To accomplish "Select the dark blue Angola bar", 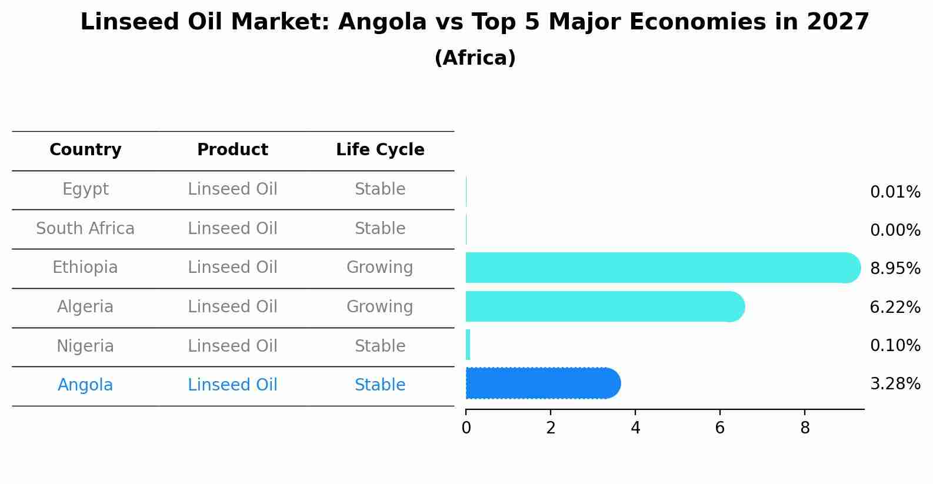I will pos(541,383).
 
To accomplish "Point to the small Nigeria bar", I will pos(468,345).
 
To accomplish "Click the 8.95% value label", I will pos(895,269).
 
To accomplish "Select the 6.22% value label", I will pos(895,307).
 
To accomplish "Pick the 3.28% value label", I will pos(895,384).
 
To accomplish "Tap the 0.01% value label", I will pos(895,192).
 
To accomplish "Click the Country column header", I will pos(85,150).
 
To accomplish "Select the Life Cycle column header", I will pos(380,150).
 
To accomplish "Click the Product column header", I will pos(232,150).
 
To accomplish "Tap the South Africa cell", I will pos(85,228).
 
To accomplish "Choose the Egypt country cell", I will pos(85,189).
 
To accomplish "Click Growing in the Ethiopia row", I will pos(379,268).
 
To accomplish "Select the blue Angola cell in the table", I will pos(85,385).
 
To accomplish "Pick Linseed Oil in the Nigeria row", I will pos(232,346).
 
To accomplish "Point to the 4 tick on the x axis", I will pos(635,428).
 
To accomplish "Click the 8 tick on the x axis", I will pos(805,428).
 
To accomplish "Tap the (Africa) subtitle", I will pos(475,58).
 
